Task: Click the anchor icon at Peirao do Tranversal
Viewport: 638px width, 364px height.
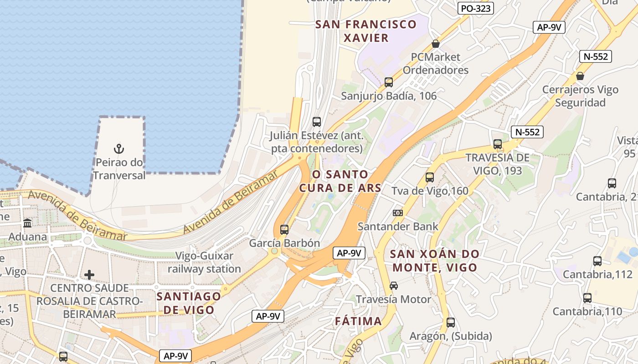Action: (118, 148)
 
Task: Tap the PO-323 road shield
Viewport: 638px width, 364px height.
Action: (476, 8)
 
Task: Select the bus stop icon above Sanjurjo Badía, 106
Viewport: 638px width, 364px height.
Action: (389, 82)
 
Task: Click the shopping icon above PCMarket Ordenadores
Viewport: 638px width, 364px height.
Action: (436, 44)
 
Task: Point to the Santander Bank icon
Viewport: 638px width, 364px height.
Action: (397, 212)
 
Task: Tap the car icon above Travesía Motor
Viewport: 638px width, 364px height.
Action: (394, 286)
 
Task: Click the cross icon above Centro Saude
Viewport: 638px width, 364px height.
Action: (89, 275)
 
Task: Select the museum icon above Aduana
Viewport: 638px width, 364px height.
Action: (27, 223)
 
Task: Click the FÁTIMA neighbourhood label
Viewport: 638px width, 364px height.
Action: (358, 321)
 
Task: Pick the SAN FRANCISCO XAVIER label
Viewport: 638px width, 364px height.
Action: (366, 31)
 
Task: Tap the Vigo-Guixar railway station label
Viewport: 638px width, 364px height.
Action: (204, 262)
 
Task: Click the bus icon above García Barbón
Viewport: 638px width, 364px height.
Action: (284, 229)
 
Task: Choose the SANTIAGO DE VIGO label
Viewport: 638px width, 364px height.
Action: (189, 303)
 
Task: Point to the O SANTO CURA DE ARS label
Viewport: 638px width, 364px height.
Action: (340, 181)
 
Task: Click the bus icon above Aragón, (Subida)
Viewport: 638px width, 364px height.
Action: (451, 323)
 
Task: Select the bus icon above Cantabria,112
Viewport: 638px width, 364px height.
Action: (597, 261)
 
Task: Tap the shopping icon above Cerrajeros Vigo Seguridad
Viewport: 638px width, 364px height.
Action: (580, 76)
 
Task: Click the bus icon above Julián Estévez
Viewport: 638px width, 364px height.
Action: (317, 122)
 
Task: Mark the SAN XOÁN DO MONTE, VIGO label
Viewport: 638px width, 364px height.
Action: (435, 260)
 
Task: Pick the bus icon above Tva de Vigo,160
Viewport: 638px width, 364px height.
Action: (430, 177)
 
